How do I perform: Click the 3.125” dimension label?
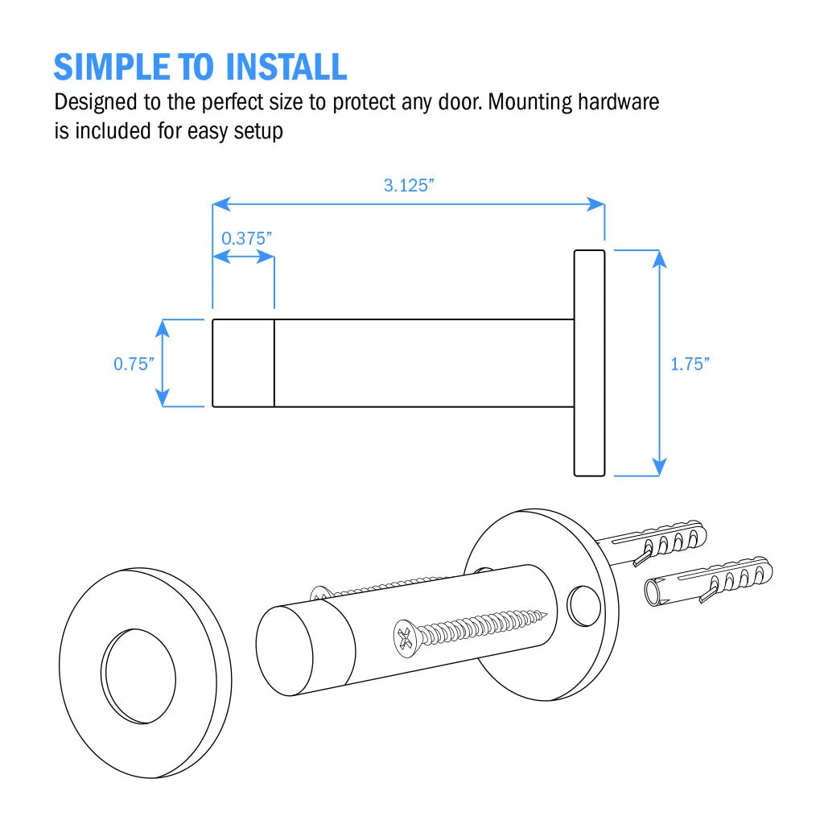click(x=409, y=186)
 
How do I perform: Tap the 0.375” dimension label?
click(x=246, y=238)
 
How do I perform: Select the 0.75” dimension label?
click(x=134, y=364)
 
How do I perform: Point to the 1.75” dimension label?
click(x=690, y=364)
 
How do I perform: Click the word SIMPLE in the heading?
click(x=112, y=68)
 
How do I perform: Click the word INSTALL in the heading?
click(x=286, y=68)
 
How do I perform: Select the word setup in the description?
click(x=258, y=132)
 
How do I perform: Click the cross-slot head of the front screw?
click(x=406, y=638)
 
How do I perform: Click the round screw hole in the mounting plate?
click(x=583, y=606)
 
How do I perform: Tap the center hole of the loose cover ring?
click(x=138, y=676)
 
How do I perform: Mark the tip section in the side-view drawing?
click(x=243, y=363)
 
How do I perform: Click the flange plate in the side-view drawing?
click(x=590, y=363)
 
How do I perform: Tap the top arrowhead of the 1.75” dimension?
click(x=659, y=258)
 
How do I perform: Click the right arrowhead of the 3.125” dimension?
click(x=595, y=204)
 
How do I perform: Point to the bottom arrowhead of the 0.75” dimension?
click(x=163, y=398)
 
